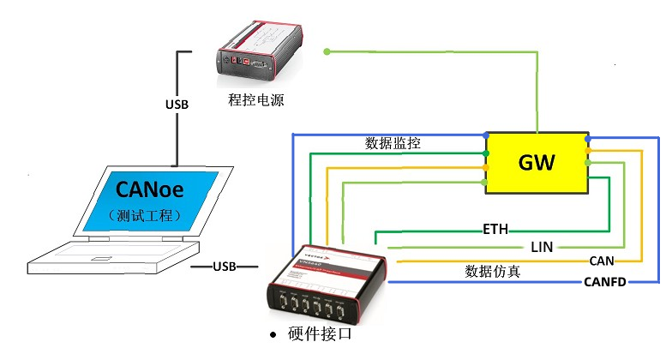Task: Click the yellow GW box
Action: click(537, 163)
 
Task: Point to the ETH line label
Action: click(495, 230)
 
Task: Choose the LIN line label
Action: click(542, 246)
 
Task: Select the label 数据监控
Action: click(393, 142)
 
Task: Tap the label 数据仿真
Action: click(492, 271)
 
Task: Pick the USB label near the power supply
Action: click(177, 105)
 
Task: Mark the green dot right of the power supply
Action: click(327, 52)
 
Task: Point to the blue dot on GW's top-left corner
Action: click(486, 136)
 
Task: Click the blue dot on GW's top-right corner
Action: click(587, 138)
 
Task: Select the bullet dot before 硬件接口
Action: click(273, 334)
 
